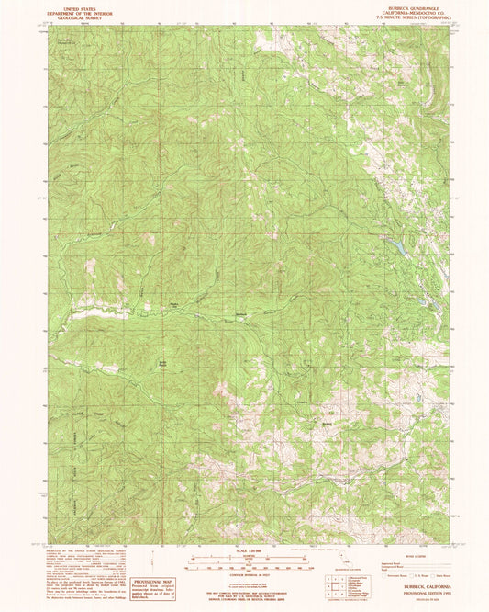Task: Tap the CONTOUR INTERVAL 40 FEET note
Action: point(244,576)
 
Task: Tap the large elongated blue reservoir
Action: point(400,246)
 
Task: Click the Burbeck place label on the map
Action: point(242,315)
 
